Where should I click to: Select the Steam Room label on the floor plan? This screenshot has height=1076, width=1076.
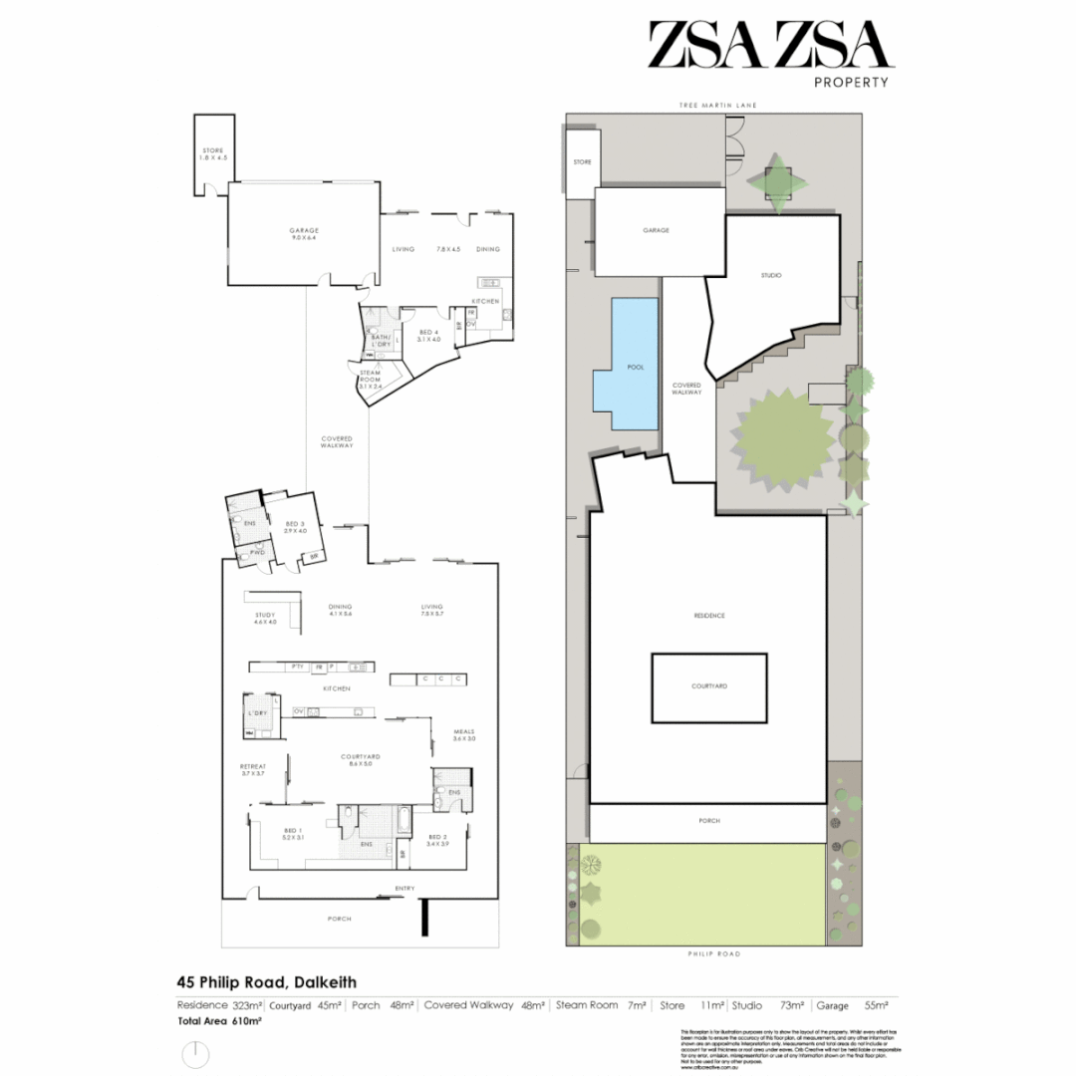pos(371,377)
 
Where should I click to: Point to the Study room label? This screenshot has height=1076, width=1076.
pos(264,618)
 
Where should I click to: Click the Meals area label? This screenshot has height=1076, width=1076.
pos(464,734)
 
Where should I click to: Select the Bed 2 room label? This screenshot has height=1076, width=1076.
pos(437,839)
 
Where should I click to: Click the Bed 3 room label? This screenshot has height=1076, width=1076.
pos(294,527)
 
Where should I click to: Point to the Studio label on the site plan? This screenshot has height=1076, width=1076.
pos(770,275)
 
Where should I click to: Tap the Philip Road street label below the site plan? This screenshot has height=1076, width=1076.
pos(713,953)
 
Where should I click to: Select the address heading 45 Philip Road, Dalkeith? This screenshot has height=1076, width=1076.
pos(267,982)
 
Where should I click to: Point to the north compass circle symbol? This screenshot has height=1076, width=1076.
pos(196,1054)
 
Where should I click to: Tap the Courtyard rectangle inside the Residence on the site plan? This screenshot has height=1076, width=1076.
pos(709,687)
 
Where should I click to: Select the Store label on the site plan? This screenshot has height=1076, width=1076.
pos(582,161)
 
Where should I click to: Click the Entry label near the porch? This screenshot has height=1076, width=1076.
pos(404,889)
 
